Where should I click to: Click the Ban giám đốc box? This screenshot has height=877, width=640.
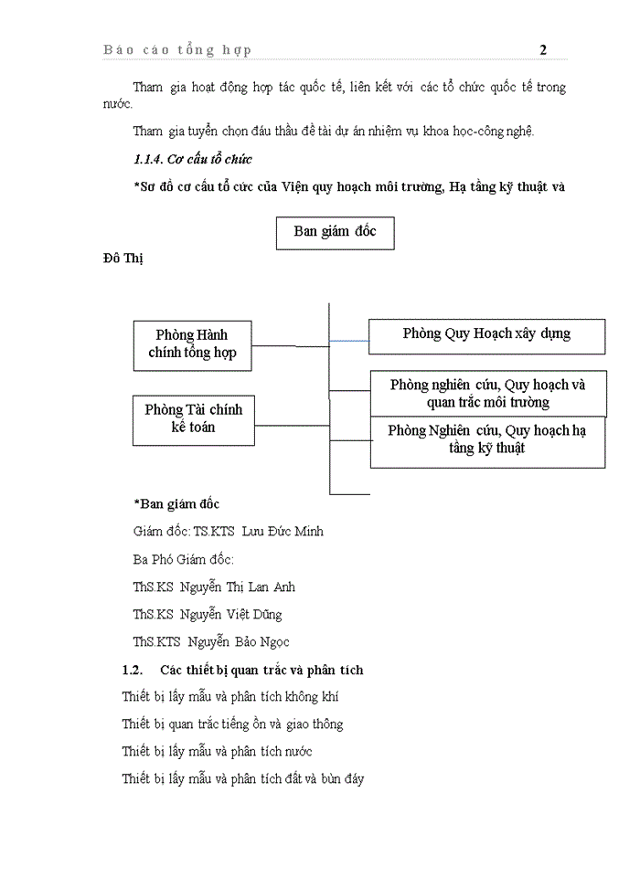(335, 232)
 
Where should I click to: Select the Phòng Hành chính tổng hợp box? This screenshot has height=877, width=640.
(192, 344)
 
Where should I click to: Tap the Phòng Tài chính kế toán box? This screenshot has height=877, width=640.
(192, 417)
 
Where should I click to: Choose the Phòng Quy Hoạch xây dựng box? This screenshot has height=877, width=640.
(486, 334)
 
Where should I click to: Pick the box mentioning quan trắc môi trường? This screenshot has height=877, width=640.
(487, 393)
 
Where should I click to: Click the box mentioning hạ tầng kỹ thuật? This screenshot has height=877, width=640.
(487, 440)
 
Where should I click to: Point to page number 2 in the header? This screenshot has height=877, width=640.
(543, 49)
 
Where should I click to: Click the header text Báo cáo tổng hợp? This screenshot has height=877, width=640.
(177, 49)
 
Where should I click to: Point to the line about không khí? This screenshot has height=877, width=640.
(230, 697)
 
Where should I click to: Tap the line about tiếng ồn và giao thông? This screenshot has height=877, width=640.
(232, 724)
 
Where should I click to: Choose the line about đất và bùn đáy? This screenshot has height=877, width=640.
(243, 779)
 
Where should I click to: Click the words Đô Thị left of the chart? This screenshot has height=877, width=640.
(123, 259)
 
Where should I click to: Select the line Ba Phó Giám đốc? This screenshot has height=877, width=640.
(183, 559)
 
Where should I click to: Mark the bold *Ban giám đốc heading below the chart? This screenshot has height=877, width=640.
(176, 503)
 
